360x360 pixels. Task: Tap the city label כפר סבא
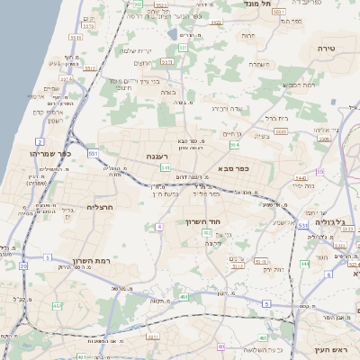pos(232,167)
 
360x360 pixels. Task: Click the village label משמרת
pos(261,64)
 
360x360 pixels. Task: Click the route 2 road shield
pos(39,142)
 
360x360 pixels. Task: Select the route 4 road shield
pos(159,227)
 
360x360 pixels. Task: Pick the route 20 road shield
pos(22,266)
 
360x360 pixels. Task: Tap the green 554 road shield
pos(234,144)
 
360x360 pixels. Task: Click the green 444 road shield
pos(304,264)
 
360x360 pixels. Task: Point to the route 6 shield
pos(329,274)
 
